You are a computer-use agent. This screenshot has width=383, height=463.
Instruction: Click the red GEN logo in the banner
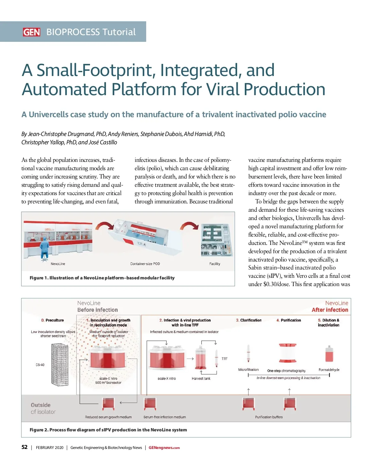coord(31,32)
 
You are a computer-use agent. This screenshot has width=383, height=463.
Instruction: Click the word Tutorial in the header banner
coord(119,32)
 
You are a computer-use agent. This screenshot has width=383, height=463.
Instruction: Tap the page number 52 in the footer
coord(25,447)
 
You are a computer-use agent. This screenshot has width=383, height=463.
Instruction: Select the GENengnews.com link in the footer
coord(164,448)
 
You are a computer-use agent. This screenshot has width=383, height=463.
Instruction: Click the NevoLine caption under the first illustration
coord(58,264)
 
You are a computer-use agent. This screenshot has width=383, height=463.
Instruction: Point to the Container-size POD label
coord(145,264)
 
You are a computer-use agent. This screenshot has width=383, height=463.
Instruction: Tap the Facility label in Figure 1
coord(214,264)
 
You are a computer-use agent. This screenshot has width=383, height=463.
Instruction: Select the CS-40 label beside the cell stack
coord(40,365)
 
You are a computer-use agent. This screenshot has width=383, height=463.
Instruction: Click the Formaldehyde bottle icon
coord(329,354)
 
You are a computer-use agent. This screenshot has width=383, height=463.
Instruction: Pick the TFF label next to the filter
coord(225,359)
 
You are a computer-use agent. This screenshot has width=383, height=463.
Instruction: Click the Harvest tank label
coord(201,378)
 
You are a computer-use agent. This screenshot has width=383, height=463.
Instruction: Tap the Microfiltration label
coord(248,369)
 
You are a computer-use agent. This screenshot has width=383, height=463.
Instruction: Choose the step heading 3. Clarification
coord(249,320)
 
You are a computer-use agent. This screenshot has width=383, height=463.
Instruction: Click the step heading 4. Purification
coord(289,320)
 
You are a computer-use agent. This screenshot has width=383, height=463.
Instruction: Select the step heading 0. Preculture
coord(52,320)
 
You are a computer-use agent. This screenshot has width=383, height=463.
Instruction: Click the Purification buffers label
coord(269,417)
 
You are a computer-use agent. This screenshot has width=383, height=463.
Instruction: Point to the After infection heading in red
coord(330,310)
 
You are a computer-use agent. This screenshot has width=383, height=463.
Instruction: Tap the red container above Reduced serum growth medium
coord(108,404)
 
